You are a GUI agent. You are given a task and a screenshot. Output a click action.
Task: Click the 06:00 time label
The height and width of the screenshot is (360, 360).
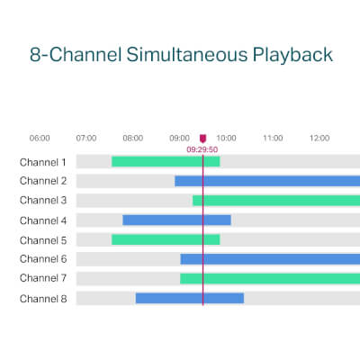[x=40, y=138]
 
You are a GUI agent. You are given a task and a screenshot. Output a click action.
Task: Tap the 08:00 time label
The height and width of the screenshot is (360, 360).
[x=133, y=138]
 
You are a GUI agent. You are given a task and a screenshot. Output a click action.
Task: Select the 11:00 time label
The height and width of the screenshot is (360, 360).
[x=273, y=138]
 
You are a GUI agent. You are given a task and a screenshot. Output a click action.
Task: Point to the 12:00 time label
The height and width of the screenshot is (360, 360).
[x=319, y=138]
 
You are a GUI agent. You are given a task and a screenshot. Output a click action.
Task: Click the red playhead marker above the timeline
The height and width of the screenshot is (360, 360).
[x=203, y=139]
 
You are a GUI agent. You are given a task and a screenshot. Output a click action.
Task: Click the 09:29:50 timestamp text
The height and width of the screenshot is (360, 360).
[x=202, y=149]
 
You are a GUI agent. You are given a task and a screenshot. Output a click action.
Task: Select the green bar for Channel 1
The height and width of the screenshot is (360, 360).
[x=166, y=161]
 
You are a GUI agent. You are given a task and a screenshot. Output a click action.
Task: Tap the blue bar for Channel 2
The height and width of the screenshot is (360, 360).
[x=267, y=181]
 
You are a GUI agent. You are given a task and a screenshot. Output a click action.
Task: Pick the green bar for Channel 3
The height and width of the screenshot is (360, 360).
[x=276, y=201]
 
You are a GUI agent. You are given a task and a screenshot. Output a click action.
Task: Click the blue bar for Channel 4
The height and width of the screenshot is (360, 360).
[x=176, y=220]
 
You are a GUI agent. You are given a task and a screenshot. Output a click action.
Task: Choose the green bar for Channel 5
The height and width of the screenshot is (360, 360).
[x=166, y=239]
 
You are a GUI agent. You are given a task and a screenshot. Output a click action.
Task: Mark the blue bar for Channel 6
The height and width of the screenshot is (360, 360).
[x=270, y=259]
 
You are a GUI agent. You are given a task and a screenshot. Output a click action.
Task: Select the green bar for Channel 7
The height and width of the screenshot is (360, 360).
[x=270, y=278]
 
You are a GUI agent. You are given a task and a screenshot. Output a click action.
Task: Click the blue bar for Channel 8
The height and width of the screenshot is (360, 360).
[x=190, y=298]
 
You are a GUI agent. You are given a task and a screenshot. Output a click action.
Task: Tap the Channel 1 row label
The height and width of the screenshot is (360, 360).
[x=43, y=162]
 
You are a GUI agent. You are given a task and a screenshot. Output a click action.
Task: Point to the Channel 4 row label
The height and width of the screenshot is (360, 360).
[x=43, y=220]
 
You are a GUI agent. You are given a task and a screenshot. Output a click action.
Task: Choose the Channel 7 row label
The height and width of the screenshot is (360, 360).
[x=43, y=278]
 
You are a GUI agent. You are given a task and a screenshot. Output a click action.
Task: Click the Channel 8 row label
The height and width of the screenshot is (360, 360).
[x=43, y=299]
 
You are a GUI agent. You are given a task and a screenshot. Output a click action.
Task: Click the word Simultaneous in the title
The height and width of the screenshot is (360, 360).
[x=187, y=54]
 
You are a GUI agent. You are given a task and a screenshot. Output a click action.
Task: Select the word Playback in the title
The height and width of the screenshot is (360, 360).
[x=292, y=56]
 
